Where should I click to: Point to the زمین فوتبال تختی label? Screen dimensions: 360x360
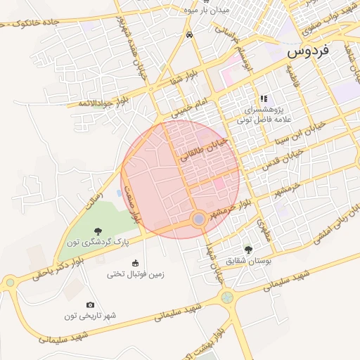coord(135,274)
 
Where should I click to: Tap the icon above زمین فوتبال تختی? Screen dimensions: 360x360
coord(136,263)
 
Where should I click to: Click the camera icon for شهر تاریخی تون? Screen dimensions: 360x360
coord(90,304)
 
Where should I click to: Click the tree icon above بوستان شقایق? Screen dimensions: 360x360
coord(247,249)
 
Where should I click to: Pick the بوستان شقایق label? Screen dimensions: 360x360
coord(247,260)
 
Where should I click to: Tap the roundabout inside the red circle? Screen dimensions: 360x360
coord(199,220)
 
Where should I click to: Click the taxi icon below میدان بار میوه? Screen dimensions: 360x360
coord(189,34)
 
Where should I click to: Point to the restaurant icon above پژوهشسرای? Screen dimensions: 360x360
coord(264,99)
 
